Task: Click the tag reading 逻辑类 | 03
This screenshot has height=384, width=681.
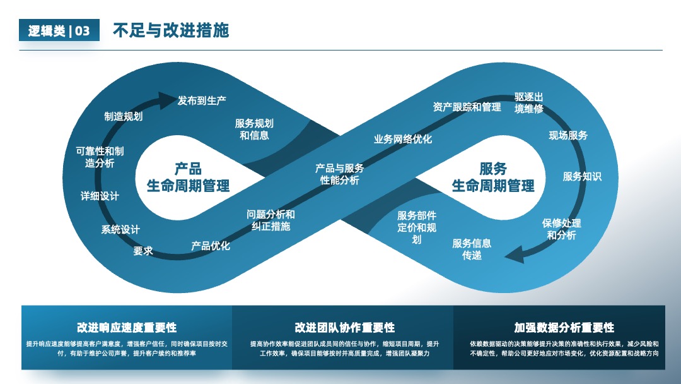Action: (x=59, y=30)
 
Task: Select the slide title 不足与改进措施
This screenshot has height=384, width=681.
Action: (x=171, y=30)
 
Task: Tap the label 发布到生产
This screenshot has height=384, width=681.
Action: (x=202, y=101)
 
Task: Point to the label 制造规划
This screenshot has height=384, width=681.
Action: (x=124, y=116)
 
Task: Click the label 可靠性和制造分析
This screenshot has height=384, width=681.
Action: (x=100, y=157)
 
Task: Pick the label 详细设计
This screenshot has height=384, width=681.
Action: (x=100, y=196)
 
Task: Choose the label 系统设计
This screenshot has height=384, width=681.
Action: (x=120, y=230)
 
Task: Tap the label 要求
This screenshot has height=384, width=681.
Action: (x=143, y=251)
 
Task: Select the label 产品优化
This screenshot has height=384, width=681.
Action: (x=211, y=246)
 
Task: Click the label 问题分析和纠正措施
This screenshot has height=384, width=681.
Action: (x=271, y=220)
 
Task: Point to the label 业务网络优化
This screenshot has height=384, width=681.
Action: (x=403, y=139)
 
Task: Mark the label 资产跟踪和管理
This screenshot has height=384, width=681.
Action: (x=467, y=107)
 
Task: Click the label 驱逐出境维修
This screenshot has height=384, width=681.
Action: (x=529, y=103)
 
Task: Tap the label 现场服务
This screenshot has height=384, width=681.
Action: (x=568, y=136)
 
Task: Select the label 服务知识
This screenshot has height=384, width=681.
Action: (x=582, y=177)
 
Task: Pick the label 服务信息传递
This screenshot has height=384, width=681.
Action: (x=472, y=249)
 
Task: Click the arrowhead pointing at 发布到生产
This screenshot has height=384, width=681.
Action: (x=167, y=100)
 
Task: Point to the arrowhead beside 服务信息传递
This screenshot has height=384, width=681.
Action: (x=515, y=255)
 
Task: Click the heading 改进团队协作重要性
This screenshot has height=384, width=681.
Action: (x=345, y=327)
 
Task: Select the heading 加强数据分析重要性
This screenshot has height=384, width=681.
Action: (x=564, y=327)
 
